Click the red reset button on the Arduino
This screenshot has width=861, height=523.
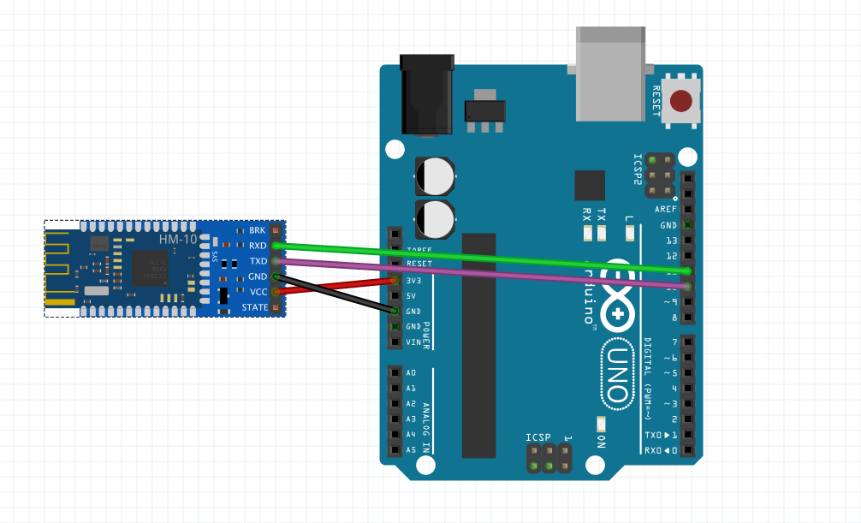pos(681,101)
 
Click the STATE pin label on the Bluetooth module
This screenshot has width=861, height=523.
pos(254,307)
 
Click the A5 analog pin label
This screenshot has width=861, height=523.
pos(411,449)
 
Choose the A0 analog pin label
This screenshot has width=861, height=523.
pos(411,373)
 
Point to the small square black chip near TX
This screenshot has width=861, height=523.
pos(589,185)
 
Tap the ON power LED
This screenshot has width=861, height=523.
pos(601,425)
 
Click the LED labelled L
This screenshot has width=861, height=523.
pos(630,233)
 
